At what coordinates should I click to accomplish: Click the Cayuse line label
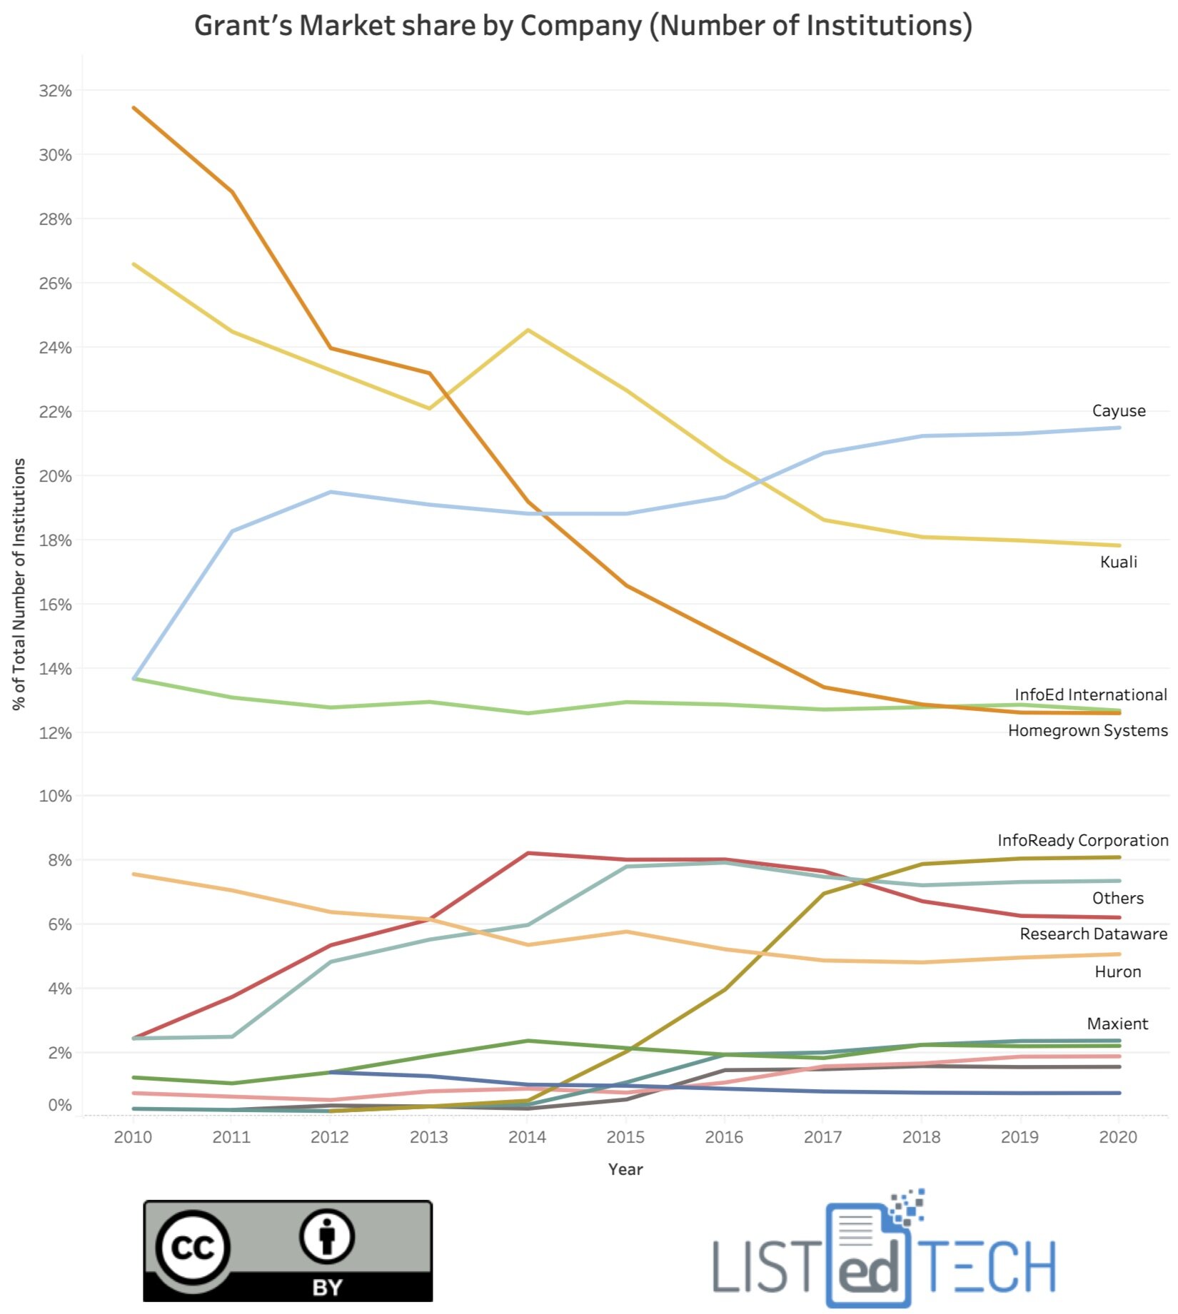coord(1118,410)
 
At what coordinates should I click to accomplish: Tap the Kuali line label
coord(1118,562)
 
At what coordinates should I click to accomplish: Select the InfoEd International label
coord(1090,694)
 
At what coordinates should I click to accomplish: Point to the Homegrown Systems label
coord(1087,730)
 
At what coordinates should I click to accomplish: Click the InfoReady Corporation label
coord(1082,840)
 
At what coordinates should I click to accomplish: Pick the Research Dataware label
coord(1093,934)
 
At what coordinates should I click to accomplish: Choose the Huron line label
coord(1117,971)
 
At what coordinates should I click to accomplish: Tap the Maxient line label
coord(1117,1024)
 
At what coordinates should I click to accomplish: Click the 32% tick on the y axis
coord(55,91)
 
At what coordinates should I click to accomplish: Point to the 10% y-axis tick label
coord(55,796)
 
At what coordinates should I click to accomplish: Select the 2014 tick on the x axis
coord(527,1137)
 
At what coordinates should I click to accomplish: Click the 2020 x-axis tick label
coord(1118,1137)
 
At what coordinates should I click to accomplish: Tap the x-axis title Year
coord(625,1169)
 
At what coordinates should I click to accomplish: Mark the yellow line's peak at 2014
coord(528,330)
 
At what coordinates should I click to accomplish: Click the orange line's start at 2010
coord(134,108)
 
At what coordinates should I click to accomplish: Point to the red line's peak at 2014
coord(528,853)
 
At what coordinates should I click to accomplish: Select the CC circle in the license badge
coord(193,1247)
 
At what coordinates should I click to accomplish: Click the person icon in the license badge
coord(327,1235)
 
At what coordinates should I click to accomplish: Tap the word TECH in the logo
coord(987,1265)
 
